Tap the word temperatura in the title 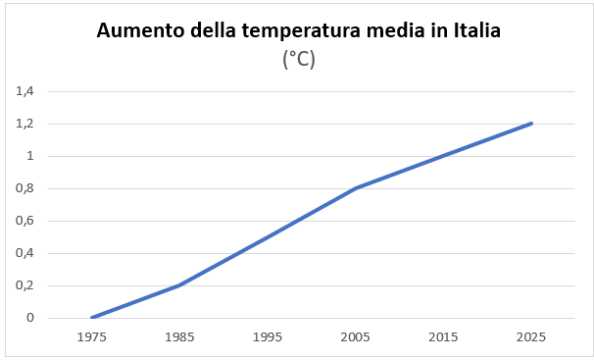point(301,31)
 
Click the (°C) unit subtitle point(299,60)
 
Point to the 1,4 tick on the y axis point(25,91)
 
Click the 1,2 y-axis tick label point(25,124)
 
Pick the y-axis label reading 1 point(30,156)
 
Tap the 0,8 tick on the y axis point(25,188)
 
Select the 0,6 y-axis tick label point(25,221)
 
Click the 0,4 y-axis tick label point(25,253)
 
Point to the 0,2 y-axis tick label point(25,285)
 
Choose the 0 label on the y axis point(30,318)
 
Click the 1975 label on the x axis point(92,336)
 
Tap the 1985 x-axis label point(179,336)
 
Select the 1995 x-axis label point(268,336)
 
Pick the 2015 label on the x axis point(443,336)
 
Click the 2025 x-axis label point(531,336)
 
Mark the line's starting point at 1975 point(92,318)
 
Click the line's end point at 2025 point(531,124)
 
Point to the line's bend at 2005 point(356,188)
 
